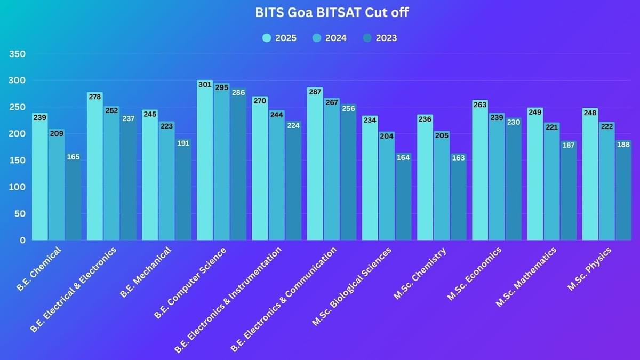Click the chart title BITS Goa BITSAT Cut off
coord(332,12)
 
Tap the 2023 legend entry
coord(380,38)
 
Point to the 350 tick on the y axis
coord(18,54)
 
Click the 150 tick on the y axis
coord(18,161)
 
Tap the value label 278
coord(95,97)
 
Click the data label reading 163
coord(458,158)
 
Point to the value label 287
coord(315,92)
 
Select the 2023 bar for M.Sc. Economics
coord(513,181)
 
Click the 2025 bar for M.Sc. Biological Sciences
coord(370,181)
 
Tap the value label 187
coord(569,145)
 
